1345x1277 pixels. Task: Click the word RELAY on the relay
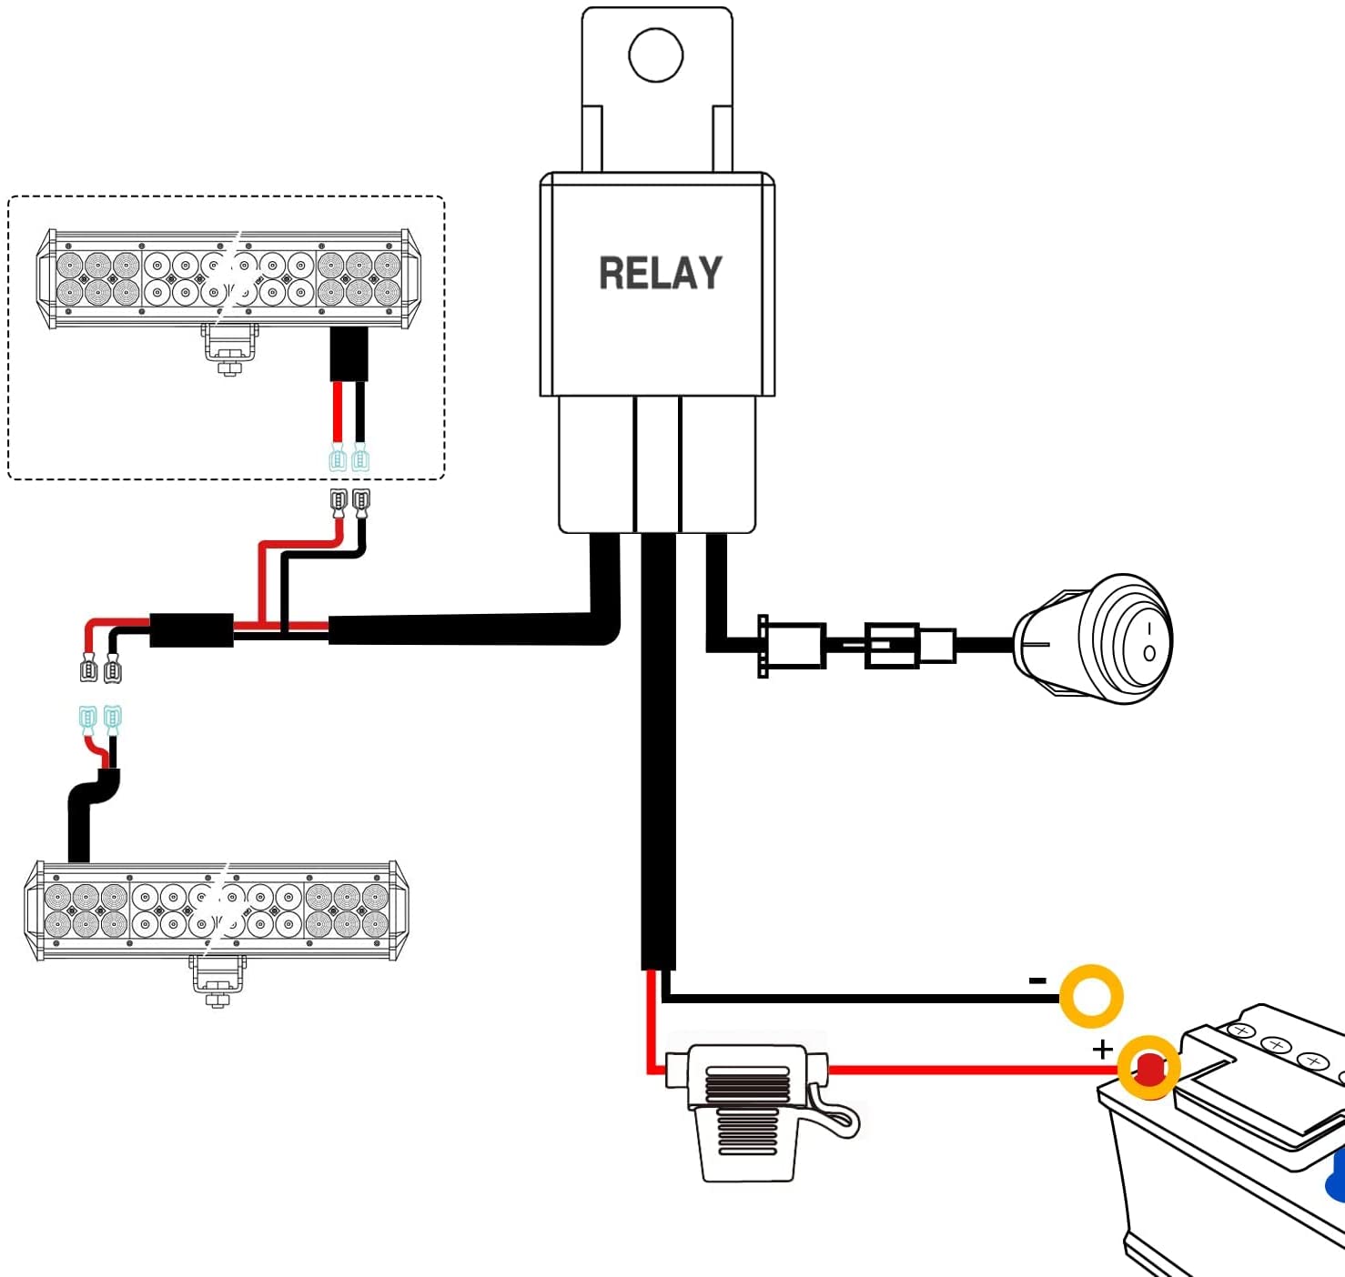coord(660,273)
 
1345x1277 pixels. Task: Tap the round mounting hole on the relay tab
coord(656,55)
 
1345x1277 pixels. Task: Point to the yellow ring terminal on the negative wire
coord(1091,996)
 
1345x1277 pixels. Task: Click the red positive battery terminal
coord(1150,1069)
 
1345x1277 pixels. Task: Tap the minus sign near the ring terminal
coord(1037,980)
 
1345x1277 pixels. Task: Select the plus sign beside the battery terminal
coord(1103,1049)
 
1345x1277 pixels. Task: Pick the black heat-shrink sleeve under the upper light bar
coord(349,354)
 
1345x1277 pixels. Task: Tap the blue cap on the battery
coord(1338,1173)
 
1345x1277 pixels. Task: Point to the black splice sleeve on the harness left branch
coord(191,630)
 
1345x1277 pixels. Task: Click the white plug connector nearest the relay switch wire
coord(794,646)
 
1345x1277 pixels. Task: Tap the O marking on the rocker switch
coord(1149,653)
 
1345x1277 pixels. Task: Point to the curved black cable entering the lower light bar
coord(86,809)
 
